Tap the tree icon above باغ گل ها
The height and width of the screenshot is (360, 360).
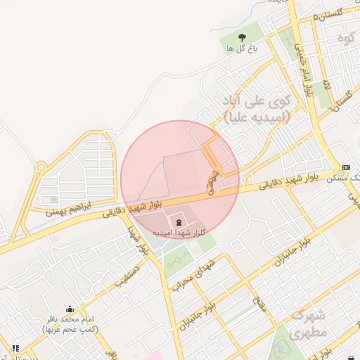(x=243, y=37)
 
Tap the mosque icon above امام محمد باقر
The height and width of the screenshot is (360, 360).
(x=69, y=309)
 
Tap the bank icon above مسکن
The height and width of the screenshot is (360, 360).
(x=345, y=167)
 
